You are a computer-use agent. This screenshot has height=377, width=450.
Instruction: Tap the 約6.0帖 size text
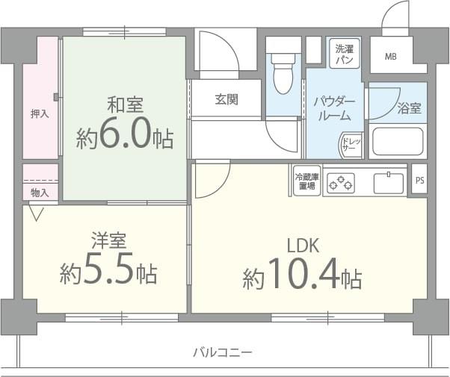(124, 137)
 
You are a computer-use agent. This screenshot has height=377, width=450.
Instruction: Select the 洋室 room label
(108, 240)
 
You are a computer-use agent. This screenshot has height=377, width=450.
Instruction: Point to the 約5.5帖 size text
(108, 273)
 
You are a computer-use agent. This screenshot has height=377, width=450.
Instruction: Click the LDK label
(302, 246)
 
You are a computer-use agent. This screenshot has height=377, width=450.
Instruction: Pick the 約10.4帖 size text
(302, 278)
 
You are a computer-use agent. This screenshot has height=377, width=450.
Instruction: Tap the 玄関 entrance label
(226, 99)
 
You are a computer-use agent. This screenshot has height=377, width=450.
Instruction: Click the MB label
(392, 56)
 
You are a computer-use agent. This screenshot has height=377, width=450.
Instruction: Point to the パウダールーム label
(333, 108)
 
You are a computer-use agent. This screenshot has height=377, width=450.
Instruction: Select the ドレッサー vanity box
(350, 145)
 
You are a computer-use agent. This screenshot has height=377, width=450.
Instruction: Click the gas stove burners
(342, 181)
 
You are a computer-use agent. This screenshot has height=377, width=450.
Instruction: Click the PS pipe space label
(419, 180)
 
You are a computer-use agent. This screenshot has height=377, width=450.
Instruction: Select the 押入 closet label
(40, 114)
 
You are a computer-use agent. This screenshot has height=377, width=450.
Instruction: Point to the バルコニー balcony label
(222, 352)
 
